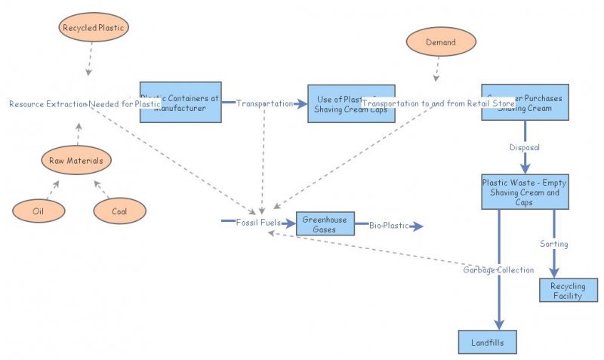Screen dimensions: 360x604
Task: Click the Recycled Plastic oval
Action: (95, 28)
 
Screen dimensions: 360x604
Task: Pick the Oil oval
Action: (39, 211)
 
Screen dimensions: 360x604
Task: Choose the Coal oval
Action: (119, 211)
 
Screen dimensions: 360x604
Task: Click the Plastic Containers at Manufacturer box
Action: (180, 102)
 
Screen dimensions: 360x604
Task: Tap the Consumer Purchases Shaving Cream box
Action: (525, 103)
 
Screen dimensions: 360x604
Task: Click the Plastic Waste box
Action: (525, 192)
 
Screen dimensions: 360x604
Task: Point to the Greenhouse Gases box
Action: (325, 224)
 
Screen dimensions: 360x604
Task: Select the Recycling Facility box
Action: (568, 291)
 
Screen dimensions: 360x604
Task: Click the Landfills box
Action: (488, 342)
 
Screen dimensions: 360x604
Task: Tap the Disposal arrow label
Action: (525, 147)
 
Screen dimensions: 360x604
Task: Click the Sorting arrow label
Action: (553, 244)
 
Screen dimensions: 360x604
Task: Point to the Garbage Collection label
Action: (498, 269)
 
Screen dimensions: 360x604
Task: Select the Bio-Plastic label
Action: (387, 225)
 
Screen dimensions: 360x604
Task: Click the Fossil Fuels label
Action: (258, 223)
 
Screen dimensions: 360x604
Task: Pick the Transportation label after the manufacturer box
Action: (264, 103)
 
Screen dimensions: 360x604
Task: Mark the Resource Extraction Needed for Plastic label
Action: (85, 103)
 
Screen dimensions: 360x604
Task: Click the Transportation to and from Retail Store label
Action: (438, 103)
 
